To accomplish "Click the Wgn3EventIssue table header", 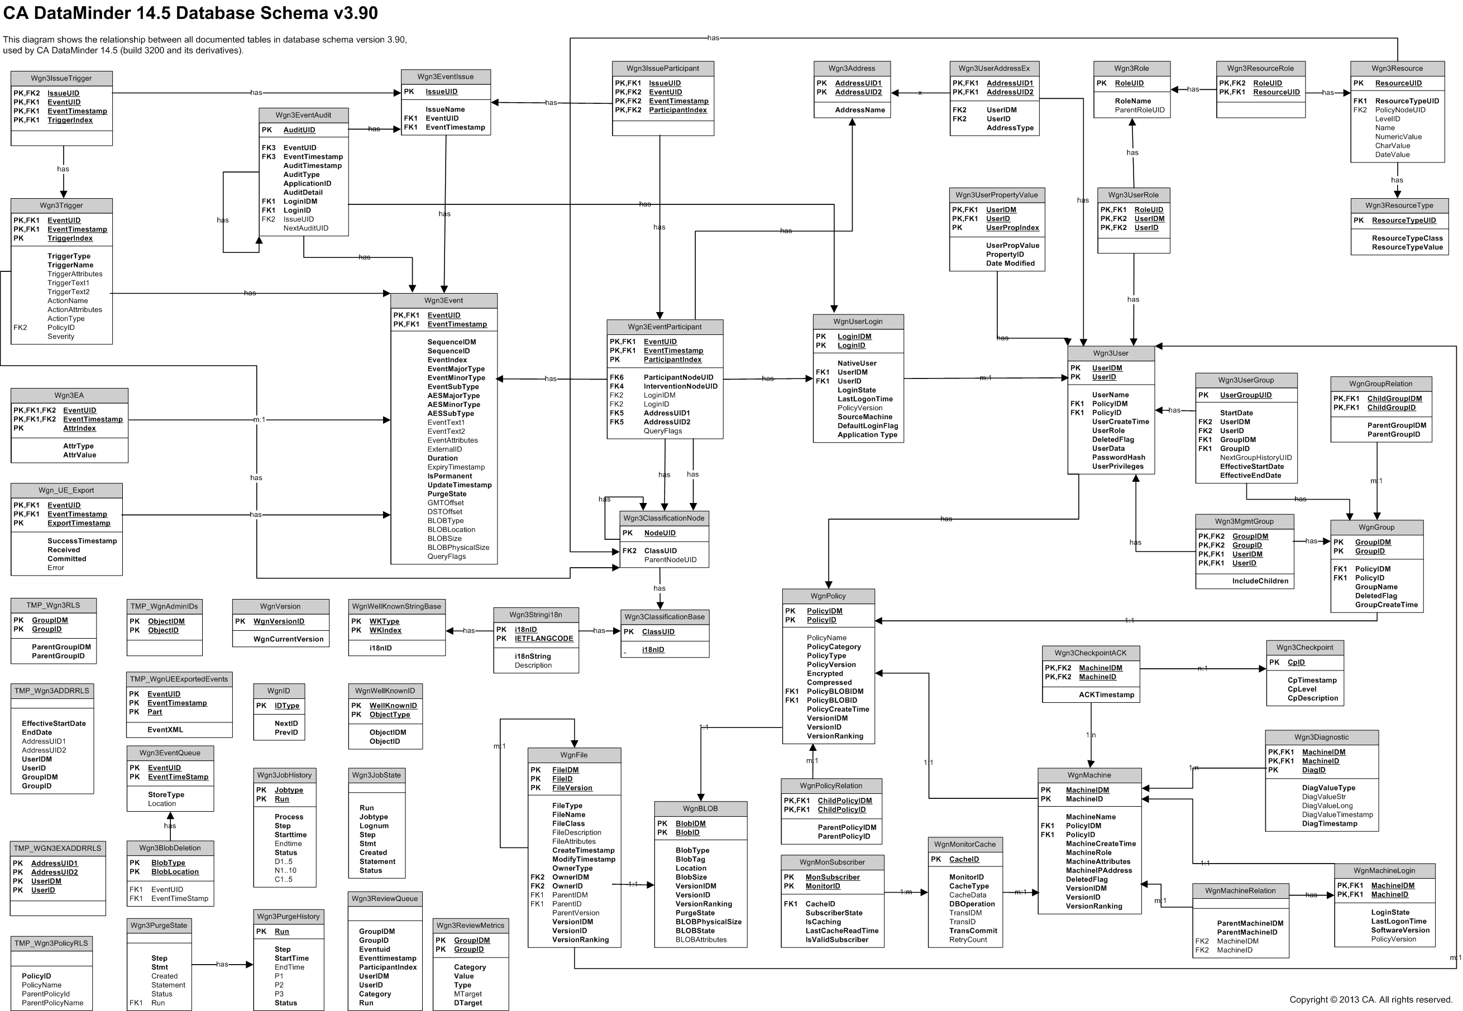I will (446, 76).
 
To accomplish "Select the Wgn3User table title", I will (1111, 353).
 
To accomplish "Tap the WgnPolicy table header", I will (828, 596).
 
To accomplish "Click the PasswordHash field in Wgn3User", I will (1118, 457).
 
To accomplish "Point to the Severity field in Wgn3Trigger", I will (61, 337).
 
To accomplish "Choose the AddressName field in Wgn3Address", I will (860, 110).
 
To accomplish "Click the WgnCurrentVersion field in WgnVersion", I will (288, 639).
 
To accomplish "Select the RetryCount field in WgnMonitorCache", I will (968, 940).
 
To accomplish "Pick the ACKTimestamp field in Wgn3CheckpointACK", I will (1106, 695).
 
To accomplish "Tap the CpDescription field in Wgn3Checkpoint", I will (1313, 698).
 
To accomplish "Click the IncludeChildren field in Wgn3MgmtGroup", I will (1260, 581).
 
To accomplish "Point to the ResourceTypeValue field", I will (1407, 247).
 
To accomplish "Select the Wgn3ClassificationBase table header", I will (664, 617).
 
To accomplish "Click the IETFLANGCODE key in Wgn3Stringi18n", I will (544, 639).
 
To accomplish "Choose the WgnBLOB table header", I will (700, 809).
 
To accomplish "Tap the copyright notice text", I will (1370, 1000).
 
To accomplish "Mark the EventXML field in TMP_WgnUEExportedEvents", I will (165, 730).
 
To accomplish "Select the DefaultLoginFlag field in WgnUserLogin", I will (867, 426).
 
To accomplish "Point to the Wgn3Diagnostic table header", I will (1321, 737).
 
